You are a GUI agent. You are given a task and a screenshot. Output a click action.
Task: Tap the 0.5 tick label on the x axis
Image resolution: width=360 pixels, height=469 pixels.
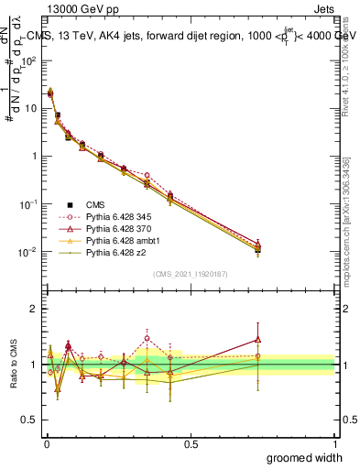click(x=191, y=442)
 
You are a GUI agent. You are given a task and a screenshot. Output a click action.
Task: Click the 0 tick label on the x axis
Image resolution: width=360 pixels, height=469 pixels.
click(x=46, y=442)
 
